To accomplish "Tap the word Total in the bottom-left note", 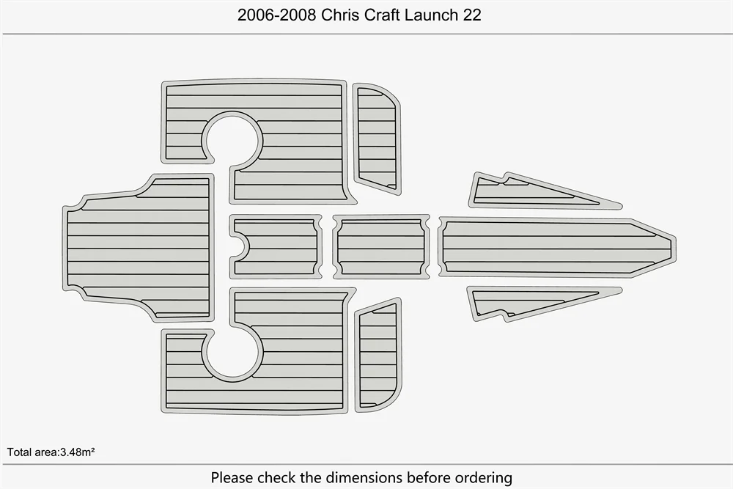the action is (x=19, y=452).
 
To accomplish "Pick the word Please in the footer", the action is (x=232, y=478).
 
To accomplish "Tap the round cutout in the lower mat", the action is (x=233, y=351).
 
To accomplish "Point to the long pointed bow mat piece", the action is (x=550, y=246).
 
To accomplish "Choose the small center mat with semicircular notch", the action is (x=279, y=246).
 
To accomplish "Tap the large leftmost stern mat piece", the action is (x=139, y=246).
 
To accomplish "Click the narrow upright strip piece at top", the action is (x=377, y=139).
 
